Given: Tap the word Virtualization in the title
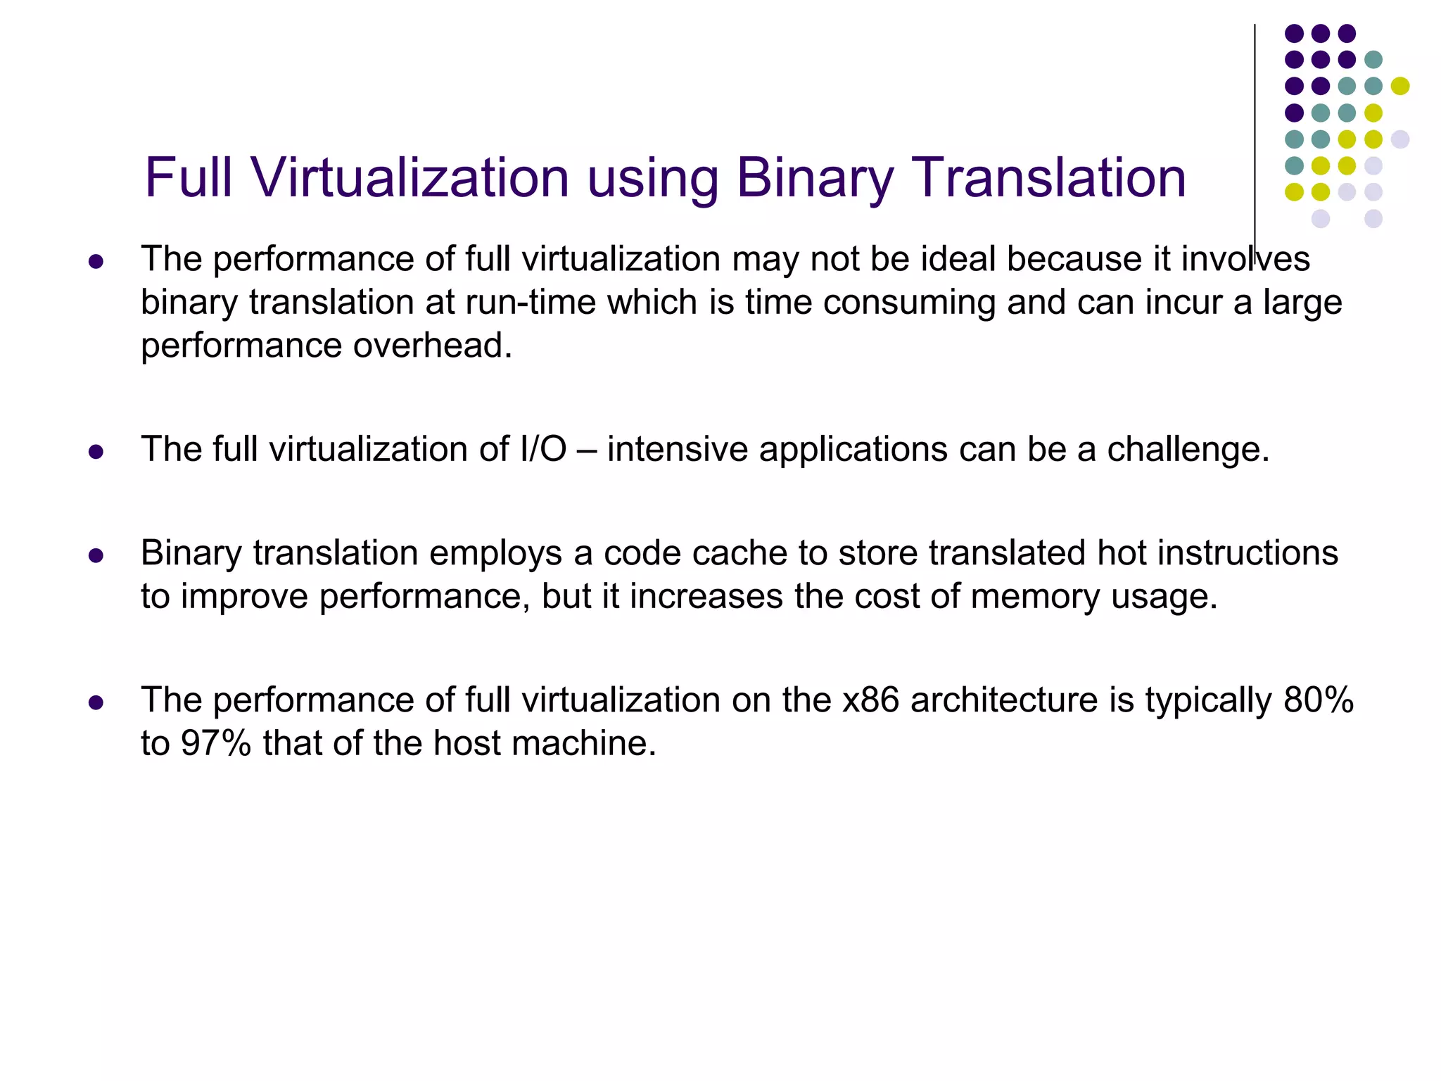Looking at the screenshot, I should point(410,177).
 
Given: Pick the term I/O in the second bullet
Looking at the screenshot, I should point(543,449).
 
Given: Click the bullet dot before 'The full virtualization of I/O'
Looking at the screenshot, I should point(96,451).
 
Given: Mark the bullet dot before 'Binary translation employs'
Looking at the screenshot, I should point(96,556).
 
